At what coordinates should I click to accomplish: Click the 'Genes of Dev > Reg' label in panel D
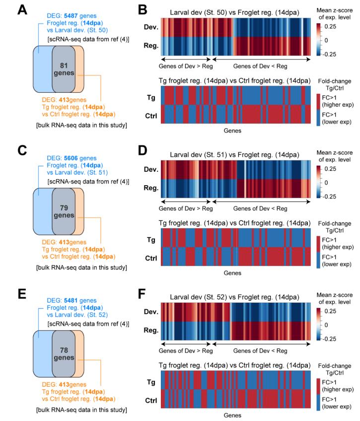point(187,209)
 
